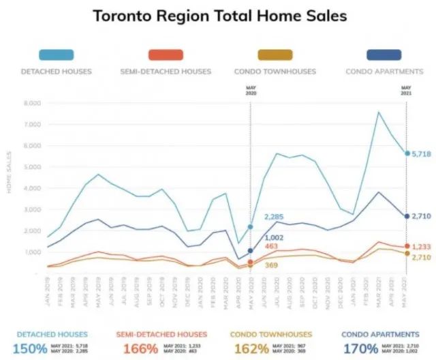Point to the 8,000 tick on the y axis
[x=32, y=104]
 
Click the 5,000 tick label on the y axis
[x=32, y=167]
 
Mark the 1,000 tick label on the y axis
[x=32, y=252]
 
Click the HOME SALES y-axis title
[x=10, y=178]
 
